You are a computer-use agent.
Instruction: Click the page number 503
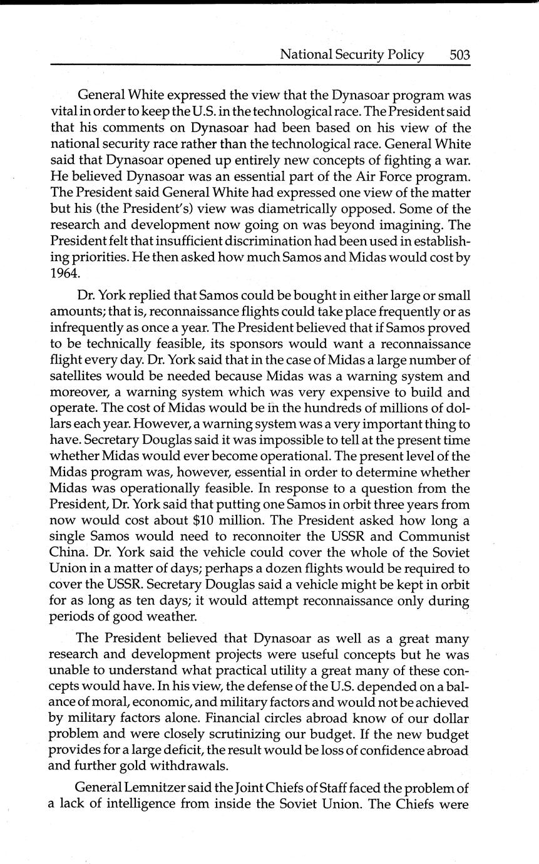pos(459,55)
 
